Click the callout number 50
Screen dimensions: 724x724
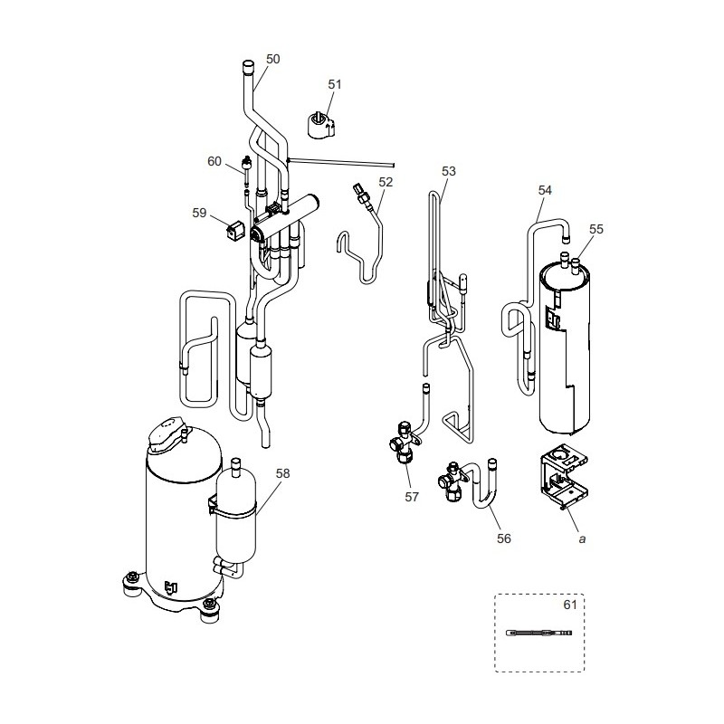click(273, 59)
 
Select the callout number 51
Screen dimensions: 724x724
click(335, 84)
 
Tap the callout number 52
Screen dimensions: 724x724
click(386, 182)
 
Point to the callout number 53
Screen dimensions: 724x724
click(449, 171)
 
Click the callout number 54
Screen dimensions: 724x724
click(545, 190)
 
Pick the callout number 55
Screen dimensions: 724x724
click(596, 229)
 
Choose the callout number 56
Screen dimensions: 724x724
click(504, 538)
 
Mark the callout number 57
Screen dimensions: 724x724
click(412, 497)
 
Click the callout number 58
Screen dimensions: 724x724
click(282, 473)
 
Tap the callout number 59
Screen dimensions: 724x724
click(199, 213)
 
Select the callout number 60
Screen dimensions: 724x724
click(214, 162)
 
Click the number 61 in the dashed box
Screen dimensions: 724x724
click(570, 605)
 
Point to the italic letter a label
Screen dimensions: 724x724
click(582, 538)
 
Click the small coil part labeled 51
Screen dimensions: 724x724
click(321, 124)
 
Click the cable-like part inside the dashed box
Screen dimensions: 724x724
click(539, 632)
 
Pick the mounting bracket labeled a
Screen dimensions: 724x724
click(564, 477)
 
